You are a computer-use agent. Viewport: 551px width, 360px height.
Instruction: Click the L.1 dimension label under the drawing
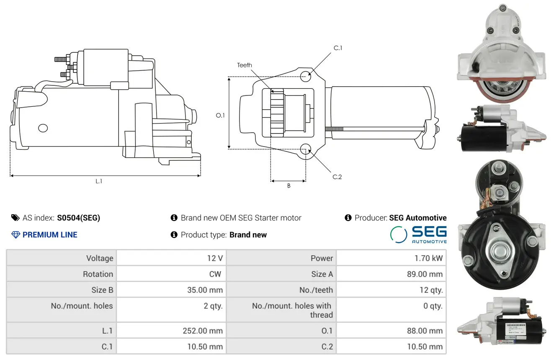(x=99, y=181)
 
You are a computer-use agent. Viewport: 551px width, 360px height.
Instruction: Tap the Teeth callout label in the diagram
(x=245, y=65)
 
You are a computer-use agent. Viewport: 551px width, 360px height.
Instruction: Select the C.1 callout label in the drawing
(x=338, y=48)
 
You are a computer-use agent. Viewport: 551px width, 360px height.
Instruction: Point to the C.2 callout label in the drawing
(x=337, y=177)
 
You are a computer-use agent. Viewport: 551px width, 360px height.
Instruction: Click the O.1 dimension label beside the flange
(x=220, y=115)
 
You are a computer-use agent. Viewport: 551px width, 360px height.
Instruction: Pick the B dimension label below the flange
(x=288, y=186)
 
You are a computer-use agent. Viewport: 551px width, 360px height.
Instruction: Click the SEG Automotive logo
(x=418, y=234)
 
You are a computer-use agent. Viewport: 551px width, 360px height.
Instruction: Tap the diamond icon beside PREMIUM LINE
(x=15, y=235)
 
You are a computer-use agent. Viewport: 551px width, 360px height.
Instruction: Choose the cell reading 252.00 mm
(x=203, y=331)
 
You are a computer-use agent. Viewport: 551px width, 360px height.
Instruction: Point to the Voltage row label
(x=100, y=258)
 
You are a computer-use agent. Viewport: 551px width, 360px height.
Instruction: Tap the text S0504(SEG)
(x=79, y=218)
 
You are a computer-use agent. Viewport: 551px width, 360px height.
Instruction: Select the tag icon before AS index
(x=15, y=218)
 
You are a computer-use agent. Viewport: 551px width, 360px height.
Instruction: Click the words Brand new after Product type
(x=248, y=235)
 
